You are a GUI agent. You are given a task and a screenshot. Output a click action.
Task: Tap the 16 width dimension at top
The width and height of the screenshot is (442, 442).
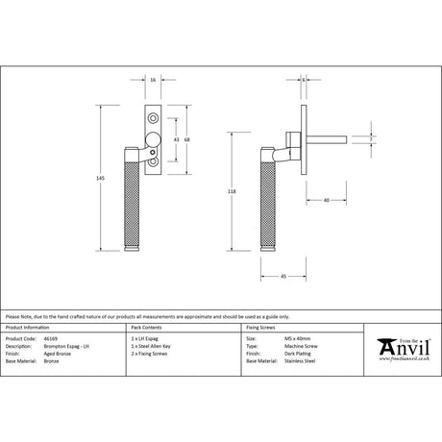[x=154, y=81]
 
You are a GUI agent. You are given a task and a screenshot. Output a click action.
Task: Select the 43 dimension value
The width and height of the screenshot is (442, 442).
[x=176, y=141]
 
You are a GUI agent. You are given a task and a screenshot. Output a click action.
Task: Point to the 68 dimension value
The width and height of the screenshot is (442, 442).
[x=188, y=141]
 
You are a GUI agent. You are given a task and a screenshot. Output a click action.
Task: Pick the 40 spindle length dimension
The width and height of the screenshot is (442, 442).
[x=327, y=200]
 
